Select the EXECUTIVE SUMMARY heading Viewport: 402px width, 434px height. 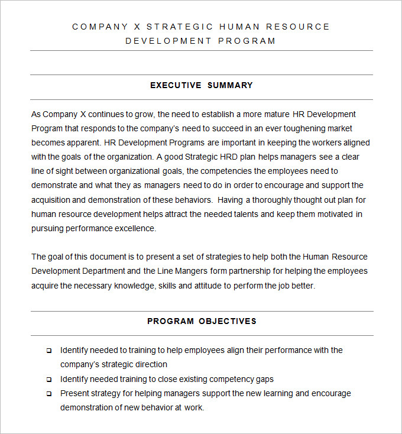[x=201, y=85]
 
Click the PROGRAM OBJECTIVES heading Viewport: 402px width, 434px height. [x=202, y=321]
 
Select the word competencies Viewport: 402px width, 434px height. [x=237, y=171]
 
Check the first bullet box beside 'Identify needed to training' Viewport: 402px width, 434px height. [x=48, y=351]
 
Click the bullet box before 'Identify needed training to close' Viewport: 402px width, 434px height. [x=48, y=379]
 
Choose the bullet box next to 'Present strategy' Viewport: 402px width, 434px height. [x=48, y=393]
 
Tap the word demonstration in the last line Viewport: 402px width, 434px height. [x=86, y=407]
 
